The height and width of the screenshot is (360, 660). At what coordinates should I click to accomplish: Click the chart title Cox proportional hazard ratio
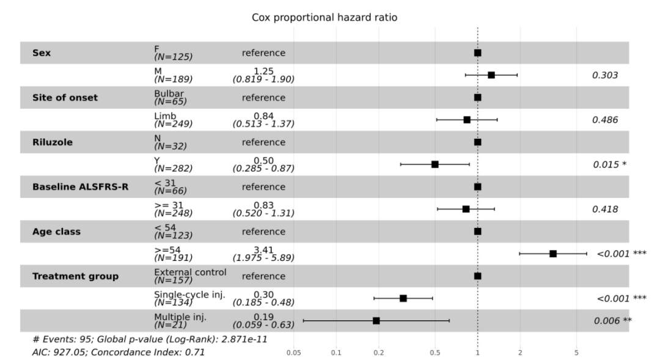click(x=324, y=18)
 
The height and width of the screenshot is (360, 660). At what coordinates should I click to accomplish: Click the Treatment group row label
click(x=75, y=276)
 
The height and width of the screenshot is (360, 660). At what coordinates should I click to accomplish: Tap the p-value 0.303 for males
click(x=605, y=75)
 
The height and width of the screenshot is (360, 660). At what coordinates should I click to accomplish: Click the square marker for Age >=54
click(x=553, y=254)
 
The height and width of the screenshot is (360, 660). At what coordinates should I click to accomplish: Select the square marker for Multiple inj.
click(x=376, y=321)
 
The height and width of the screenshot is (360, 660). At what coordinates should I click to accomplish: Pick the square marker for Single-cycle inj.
click(x=403, y=298)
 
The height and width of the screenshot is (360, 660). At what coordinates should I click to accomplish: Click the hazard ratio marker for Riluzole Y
click(x=435, y=164)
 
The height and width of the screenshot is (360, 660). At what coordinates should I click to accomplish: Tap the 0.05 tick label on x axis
click(x=293, y=353)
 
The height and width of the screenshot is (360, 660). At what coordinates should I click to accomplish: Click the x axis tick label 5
click(x=576, y=353)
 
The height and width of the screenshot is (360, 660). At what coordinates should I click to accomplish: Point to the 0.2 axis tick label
click(x=378, y=353)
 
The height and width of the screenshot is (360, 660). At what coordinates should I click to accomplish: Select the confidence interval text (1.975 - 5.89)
click(x=263, y=258)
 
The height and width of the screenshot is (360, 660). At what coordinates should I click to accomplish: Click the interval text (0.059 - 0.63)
click(x=263, y=325)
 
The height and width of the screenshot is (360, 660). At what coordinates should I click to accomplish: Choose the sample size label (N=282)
click(x=174, y=169)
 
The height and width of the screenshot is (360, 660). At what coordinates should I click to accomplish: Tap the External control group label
click(x=190, y=272)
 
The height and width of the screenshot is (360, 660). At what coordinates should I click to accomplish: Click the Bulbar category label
click(x=169, y=94)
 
